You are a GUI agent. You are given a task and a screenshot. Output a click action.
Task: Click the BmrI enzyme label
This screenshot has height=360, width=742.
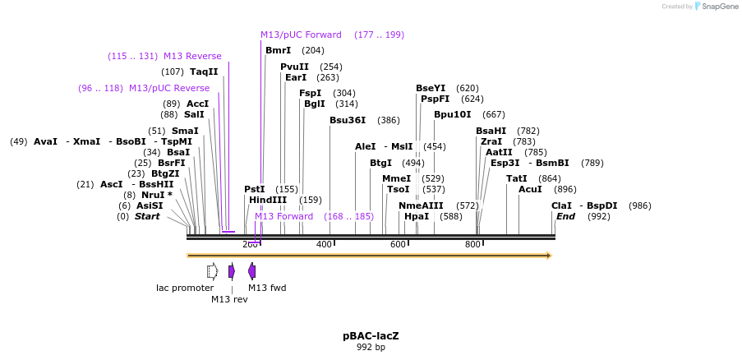pos(278,50)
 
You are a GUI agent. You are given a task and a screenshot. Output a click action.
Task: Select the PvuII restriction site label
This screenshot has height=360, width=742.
pos(294,67)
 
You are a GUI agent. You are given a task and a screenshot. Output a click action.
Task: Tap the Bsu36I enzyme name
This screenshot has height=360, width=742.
pos(347,120)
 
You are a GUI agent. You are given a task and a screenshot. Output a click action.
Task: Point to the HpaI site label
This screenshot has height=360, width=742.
pos(417,216)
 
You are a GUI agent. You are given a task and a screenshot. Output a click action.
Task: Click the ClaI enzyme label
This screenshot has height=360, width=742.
pos(561,205)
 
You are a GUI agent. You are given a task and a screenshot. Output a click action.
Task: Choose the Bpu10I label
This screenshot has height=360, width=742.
pos(452,114)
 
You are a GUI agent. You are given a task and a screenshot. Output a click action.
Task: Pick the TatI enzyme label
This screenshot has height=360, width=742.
pos(517,178)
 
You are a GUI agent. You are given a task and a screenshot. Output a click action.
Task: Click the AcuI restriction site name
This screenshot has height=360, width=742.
pos(530,189)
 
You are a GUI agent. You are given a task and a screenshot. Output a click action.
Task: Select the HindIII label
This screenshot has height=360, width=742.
pos(268,200)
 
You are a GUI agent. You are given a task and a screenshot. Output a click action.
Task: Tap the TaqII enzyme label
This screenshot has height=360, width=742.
pos(204,72)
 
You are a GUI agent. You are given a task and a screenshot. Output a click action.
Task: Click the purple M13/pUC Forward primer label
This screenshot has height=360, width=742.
pos(301,35)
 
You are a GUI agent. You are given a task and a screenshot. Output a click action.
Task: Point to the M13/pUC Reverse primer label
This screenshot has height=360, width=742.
pos(168,88)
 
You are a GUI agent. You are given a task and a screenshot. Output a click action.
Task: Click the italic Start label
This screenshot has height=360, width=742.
pos(147,216)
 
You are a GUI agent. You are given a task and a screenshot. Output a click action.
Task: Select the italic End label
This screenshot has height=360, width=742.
pos(565,216)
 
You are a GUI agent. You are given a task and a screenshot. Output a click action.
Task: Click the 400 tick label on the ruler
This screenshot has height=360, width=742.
pos(324,245)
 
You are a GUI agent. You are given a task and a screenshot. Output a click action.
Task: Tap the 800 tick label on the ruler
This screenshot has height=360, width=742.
pos(472,245)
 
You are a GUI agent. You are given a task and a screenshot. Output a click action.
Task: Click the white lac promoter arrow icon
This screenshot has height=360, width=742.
pos(212,271)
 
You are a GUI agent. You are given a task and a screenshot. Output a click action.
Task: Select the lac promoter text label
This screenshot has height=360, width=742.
pos(185,288)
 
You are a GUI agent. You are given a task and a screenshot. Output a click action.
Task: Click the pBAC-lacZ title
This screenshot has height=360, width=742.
pos(371,335)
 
